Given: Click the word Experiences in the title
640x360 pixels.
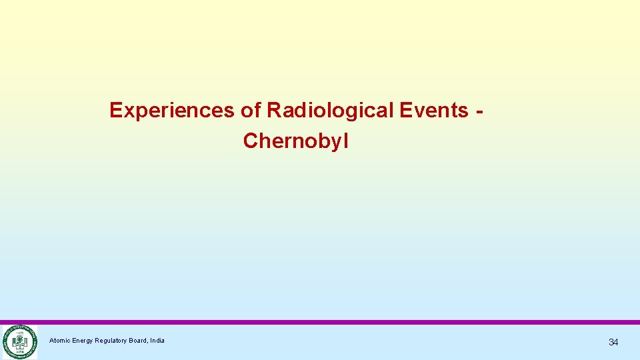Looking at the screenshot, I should (171, 110).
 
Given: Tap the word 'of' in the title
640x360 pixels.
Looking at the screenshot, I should (251, 110).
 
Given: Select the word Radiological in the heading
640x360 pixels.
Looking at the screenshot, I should (331, 110).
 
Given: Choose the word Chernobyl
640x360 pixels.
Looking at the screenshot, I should (296, 141).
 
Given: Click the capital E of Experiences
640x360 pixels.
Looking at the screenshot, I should (116, 110).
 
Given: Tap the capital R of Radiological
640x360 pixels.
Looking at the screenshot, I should (273, 110).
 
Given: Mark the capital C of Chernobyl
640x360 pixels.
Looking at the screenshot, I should (251, 141).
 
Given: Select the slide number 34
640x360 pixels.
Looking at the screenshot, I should (613, 342).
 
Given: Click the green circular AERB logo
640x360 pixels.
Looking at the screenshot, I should (19, 342).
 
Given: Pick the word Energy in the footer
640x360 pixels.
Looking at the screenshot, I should (84, 341).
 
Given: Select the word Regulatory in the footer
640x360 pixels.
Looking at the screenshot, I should (114, 341).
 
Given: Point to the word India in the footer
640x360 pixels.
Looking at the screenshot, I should (158, 341).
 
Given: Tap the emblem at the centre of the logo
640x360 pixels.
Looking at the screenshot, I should (19, 343).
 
